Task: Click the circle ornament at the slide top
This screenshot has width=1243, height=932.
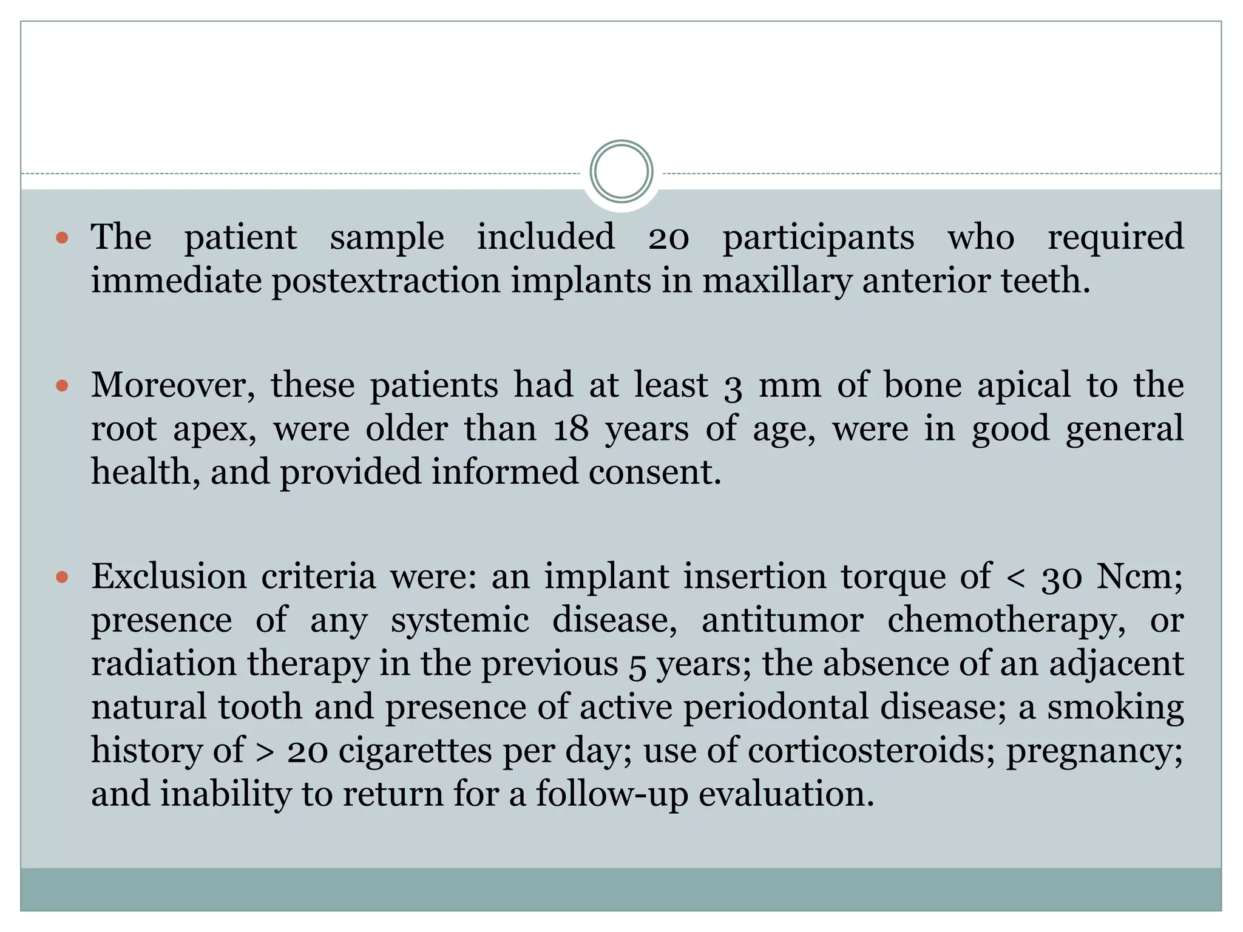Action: (x=621, y=172)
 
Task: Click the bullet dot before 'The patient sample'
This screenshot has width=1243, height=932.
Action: (x=62, y=237)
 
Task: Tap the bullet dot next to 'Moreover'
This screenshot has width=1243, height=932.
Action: (x=62, y=385)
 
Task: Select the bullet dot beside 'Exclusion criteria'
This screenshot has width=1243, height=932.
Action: (x=62, y=576)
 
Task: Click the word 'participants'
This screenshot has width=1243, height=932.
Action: (x=818, y=237)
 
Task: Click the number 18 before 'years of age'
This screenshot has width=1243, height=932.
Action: (x=571, y=429)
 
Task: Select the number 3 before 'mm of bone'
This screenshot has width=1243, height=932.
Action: (x=733, y=387)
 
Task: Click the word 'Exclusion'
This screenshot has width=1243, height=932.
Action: (x=169, y=576)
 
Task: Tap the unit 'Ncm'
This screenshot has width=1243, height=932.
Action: (x=1138, y=576)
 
